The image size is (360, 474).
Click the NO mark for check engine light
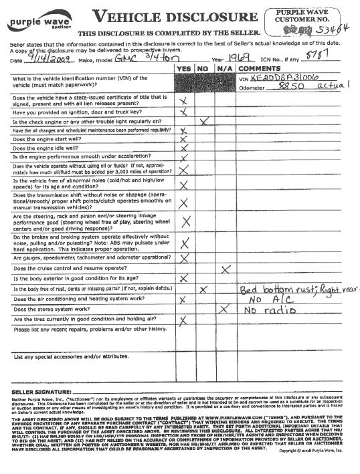205,121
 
